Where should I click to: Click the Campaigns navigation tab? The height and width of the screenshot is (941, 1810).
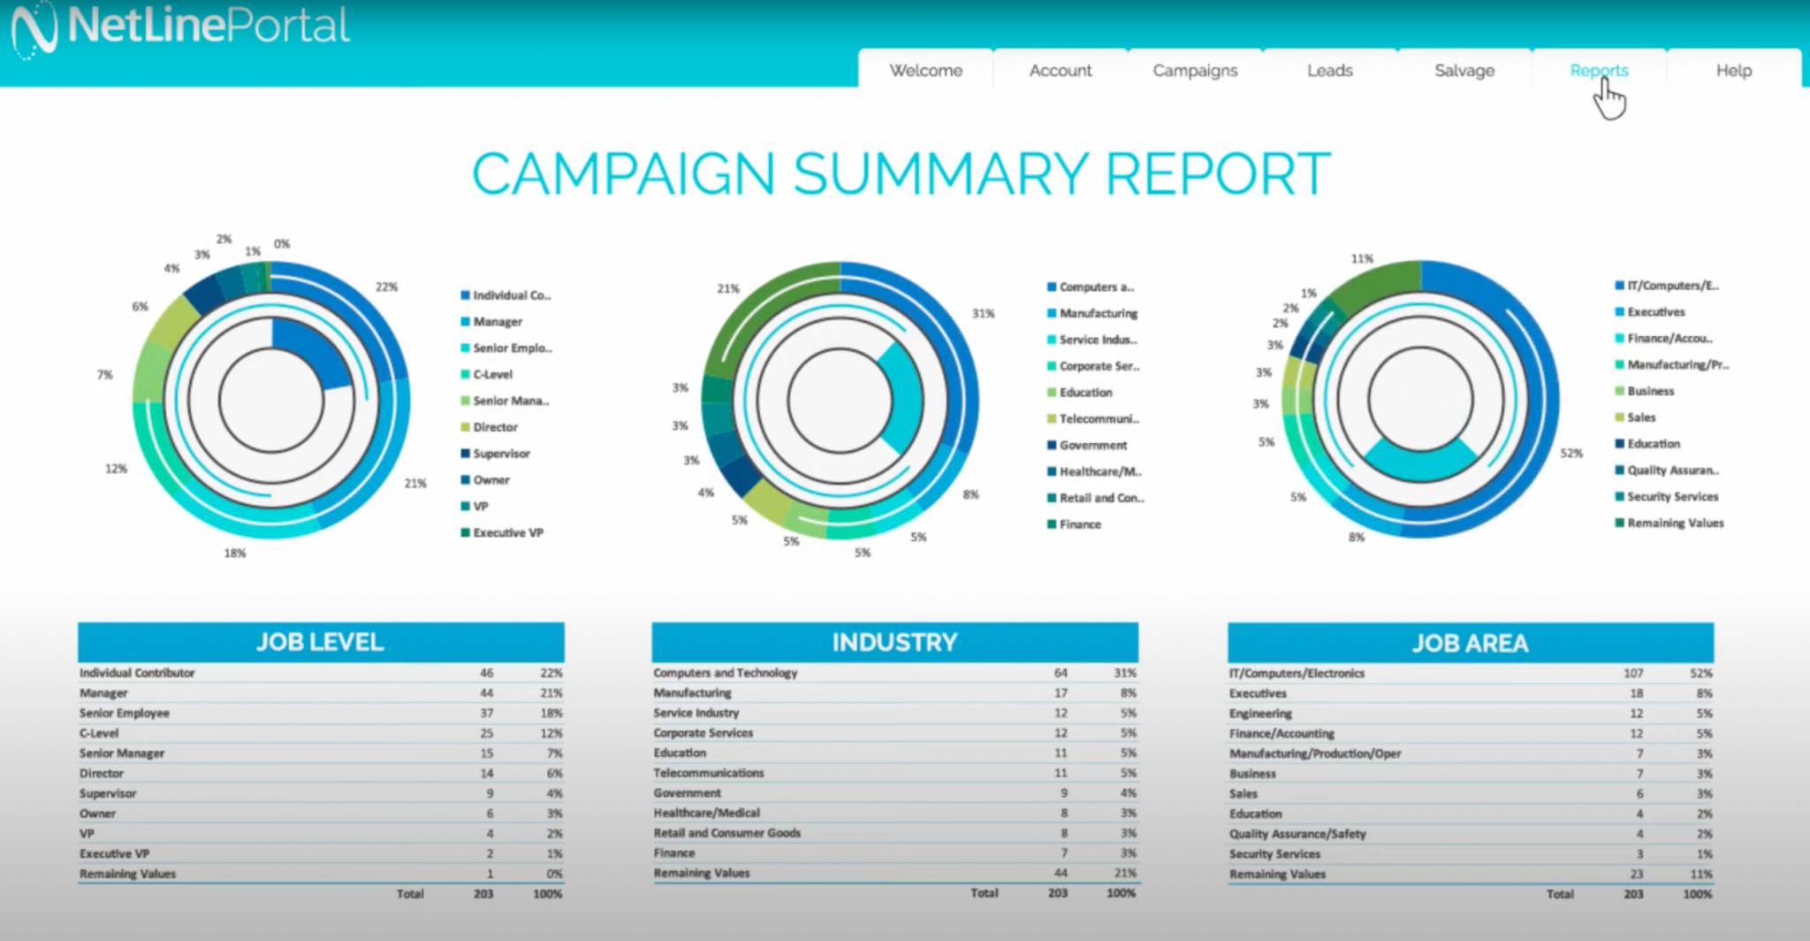[x=1195, y=71]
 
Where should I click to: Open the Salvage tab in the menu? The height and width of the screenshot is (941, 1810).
[x=1464, y=71]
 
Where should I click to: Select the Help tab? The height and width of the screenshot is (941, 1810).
[x=1733, y=71]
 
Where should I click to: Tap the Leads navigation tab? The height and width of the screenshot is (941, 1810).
[x=1329, y=71]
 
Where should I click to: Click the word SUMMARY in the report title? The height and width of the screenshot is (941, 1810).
[x=940, y=174]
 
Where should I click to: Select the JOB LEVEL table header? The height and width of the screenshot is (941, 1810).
[x=320, y=642]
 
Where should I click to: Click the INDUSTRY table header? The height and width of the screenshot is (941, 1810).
[x=894, y=642]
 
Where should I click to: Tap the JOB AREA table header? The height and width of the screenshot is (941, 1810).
[x=1470, y=643]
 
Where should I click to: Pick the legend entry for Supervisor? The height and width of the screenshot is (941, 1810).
[x=501, y=454]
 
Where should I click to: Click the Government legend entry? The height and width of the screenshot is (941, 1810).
[x=1092, y=446]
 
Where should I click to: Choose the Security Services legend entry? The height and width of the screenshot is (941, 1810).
[x=1672, y=497]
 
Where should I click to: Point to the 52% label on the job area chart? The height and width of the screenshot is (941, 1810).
[x=1570, y=454]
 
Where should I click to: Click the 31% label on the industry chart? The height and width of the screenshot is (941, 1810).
[x=983, y=314]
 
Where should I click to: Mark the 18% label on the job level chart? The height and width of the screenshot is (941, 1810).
[x=234, y=554]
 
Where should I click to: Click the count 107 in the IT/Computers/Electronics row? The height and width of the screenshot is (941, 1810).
[x=1632, y=674]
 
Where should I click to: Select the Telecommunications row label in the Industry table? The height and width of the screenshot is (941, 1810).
[x=708, y=773]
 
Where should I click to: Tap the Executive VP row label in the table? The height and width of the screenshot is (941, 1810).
[x=114, y=854]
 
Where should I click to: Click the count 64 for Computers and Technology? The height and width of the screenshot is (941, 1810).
[x=1060, y=673]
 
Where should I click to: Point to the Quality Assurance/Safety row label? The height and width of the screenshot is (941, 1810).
[x=1297, y=834]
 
